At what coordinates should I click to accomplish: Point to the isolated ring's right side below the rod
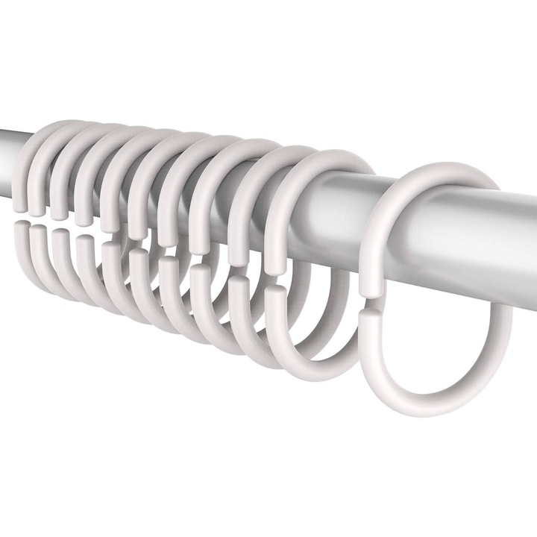[x=504, y=328]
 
